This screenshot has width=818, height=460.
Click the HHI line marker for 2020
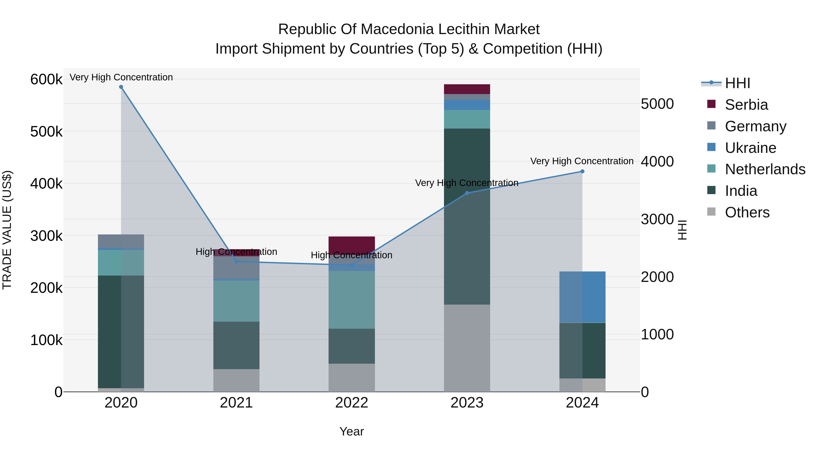pyautogui.click(x=121, y=87)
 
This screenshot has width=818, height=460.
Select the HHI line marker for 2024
pyautogui.click(x=582, y=172)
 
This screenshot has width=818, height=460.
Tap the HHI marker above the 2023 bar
pyautogui.click(x=467, y=193)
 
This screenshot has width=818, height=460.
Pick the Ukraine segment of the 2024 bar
pyautogui.click(x=582, y=297)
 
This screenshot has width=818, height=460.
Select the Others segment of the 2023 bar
pyautogui.click(x=467, y=348)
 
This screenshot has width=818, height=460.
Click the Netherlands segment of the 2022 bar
pyautogui.click(x=352, y=299)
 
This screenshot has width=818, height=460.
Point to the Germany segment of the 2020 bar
pyautogui.click(x=121, y=241)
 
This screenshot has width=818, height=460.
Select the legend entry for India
pyautogui.click(x=741, y=191)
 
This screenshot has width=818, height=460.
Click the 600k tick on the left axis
pyautogui.click(x=46, y=79)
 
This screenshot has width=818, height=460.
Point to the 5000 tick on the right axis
pyautogui.click(x=657, y=104)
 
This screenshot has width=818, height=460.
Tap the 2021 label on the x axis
pyautogui.click(x=236, y=403)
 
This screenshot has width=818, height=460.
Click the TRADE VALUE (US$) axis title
pyautogui.click(x=7, y=230)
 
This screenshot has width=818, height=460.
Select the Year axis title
pyautogui.click(x=352, y=431)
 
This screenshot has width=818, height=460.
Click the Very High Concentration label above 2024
pyautogui.click(x=582, y=161)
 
